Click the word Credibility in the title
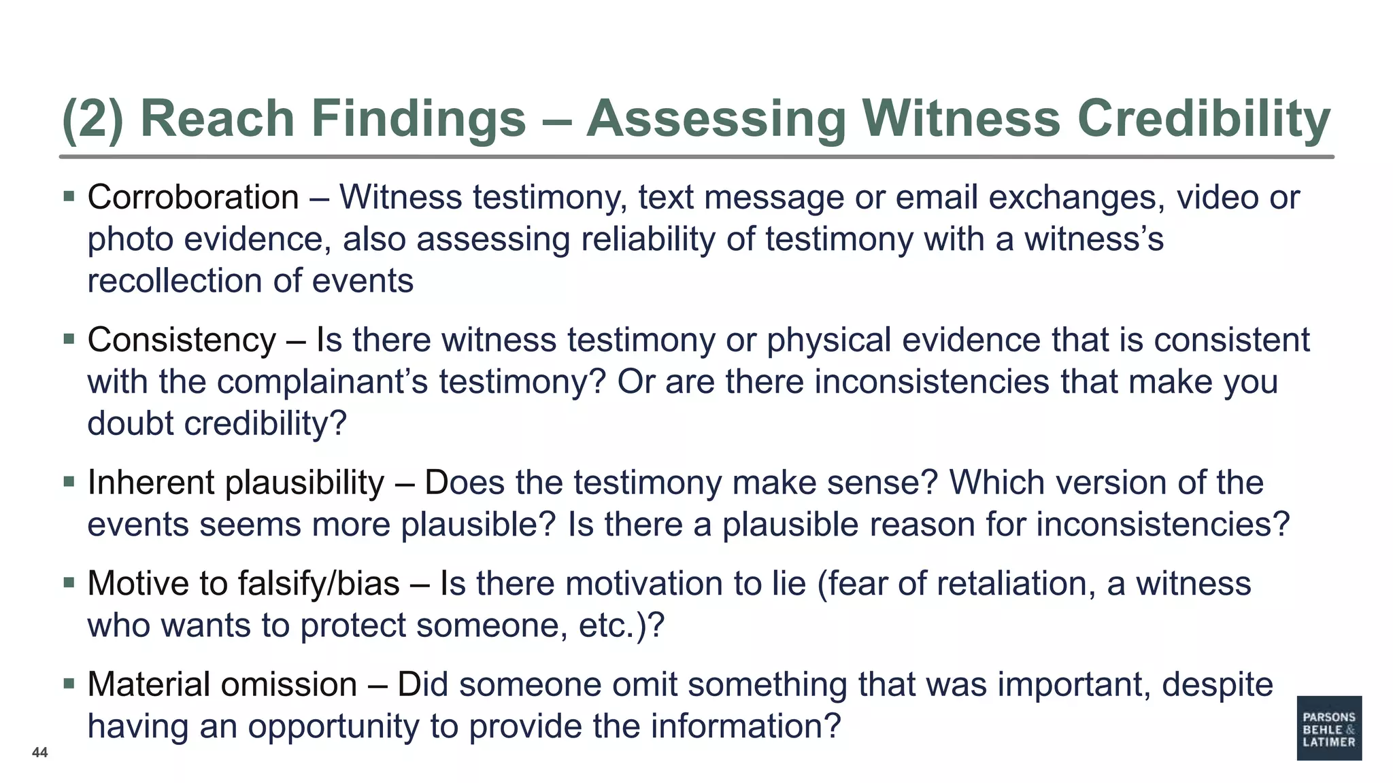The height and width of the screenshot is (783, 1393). [x=1204, y=120]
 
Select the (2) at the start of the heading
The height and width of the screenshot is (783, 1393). [x=93, y=120]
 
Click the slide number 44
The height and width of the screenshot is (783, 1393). [x=40, y=752]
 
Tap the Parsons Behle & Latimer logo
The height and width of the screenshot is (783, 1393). [x=1328, y=728]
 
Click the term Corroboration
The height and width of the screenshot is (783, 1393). [x=193, y=198]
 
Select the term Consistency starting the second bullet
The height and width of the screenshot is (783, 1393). [x=182, y=340]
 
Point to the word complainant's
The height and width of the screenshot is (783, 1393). [x=322, y=382]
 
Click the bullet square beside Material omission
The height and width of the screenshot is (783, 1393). [x=69, y=683]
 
